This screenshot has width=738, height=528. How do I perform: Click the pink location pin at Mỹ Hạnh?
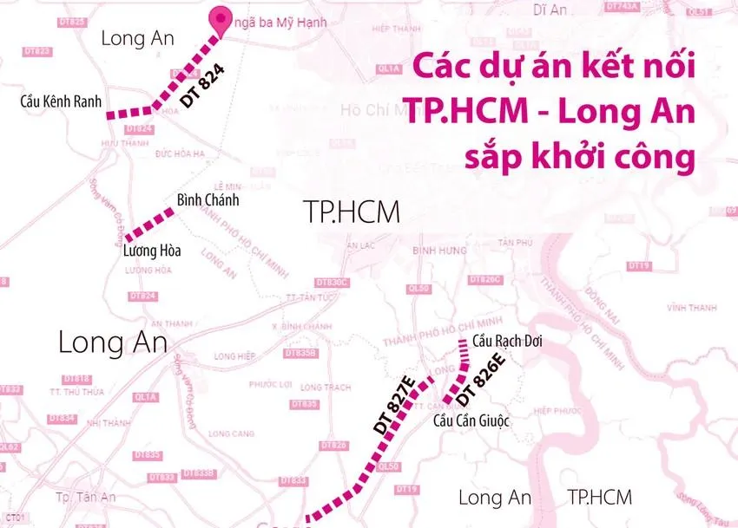221,22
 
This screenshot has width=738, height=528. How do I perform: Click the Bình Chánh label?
208,200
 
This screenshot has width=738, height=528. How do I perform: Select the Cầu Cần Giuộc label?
471,420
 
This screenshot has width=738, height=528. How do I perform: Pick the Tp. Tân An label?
85,497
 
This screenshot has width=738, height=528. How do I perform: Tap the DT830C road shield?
332,283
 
